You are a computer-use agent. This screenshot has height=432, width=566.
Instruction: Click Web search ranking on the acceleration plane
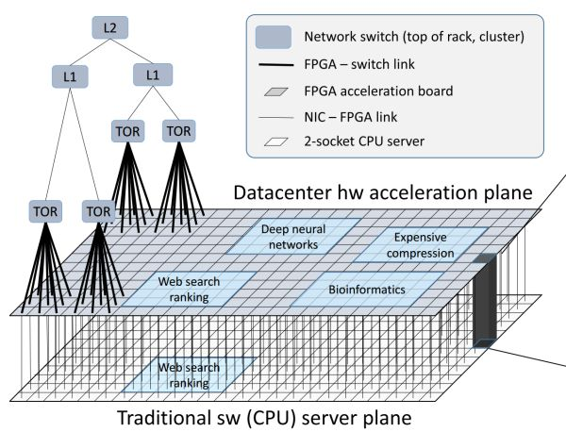[x=185, y=290]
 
